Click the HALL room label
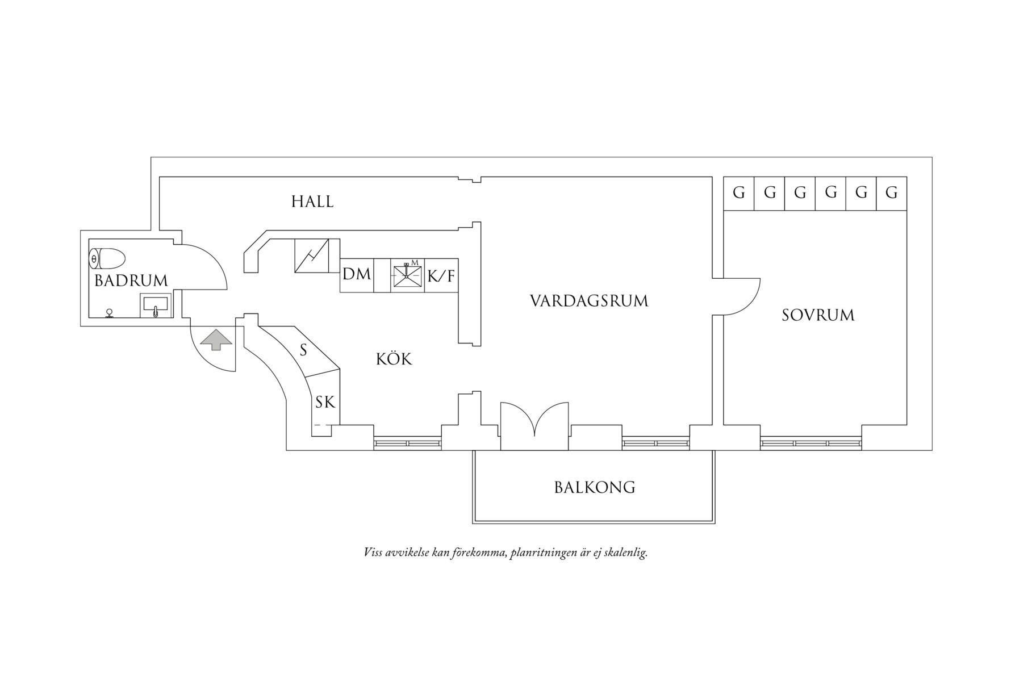pyautogui.click(x=312, y=202)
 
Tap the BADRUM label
pyautogui.click(x=131, y=281)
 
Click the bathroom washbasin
pyautogui.click(x=156, y=307)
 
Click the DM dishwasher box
pyautogui.click(x=357, y=275)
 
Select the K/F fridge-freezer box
pyautogui.click(x=441, y=276)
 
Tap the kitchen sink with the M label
pyautogui.click(x=407, y=276)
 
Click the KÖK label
pyautogui.click(x=394, y=359)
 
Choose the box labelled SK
pyautogui.click(x=325, y=403)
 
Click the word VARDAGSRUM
pyautogui.click(x=589, y=301)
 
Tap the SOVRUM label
pyautogui.click(x=818, y=316)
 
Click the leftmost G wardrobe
pyautogui.click(x=739, y=193)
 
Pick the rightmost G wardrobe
pyautogui.click(x=891, y=193)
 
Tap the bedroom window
pyautogui.click(x=811, y=443)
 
